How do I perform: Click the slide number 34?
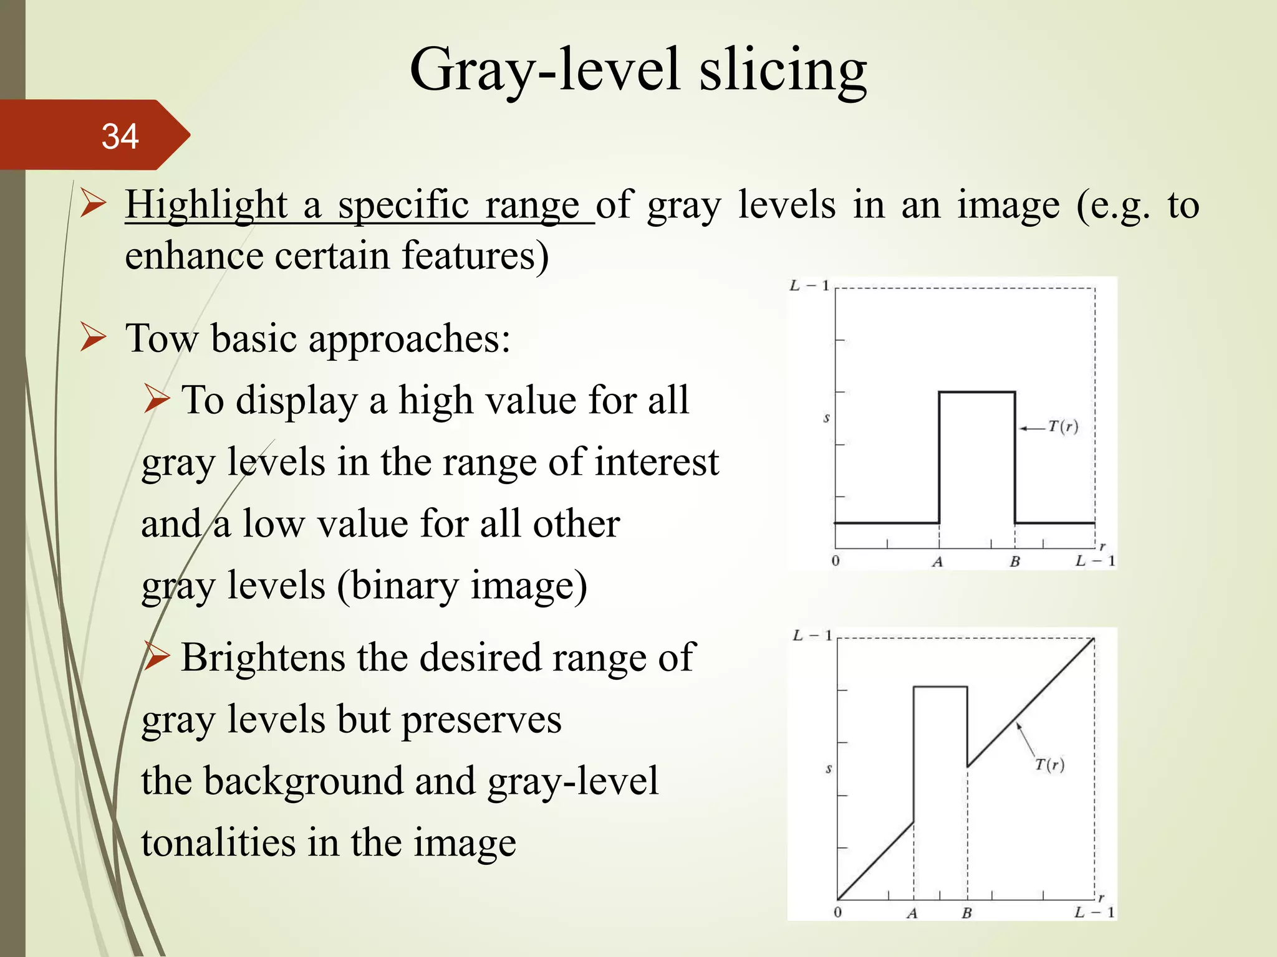pyautogui.click(x=120, y=136)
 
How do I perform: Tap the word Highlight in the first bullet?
pyautogui.click(x=206, y=205)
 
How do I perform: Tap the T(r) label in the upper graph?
pyautogui.click(x=1063, y=427)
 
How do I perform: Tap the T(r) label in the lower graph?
pyautogui.click(x=1049, y=764)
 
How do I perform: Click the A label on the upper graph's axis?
pyautogui.click(x=938, y=562)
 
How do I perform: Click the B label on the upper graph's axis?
pyautogui.click(x=1014, y=562)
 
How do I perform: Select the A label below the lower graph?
pyautogui.click(x=912, y=913)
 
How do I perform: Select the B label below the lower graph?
pyautogui.click(x=966, y=913)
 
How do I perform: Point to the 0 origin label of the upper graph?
pyautogui.click(x=836, y=561)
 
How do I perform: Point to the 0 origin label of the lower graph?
pyautogui.click(x=837, y=912)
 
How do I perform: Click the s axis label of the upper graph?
pyautogui.click(x=826, y=418)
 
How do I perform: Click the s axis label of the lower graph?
pyautogui.click(x=829, y=769)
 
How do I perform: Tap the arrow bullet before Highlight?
pyautogui.click(x=94, y=204)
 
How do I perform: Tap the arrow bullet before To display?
pyautogui.click(x=156, y=399)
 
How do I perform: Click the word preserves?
pyautogui.click(x=481, y=720)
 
